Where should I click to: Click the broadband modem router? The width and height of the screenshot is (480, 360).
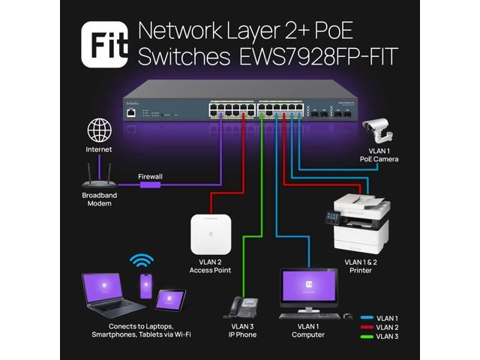(98, 176)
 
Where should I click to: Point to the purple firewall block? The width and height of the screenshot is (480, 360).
(150, 185)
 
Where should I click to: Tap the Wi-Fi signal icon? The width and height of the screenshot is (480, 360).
(141, 262)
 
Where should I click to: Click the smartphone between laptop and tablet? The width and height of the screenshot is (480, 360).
(145, 286)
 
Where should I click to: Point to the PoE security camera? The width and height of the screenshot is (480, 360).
(379, 132)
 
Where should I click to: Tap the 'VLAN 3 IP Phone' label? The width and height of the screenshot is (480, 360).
(241, 330)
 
